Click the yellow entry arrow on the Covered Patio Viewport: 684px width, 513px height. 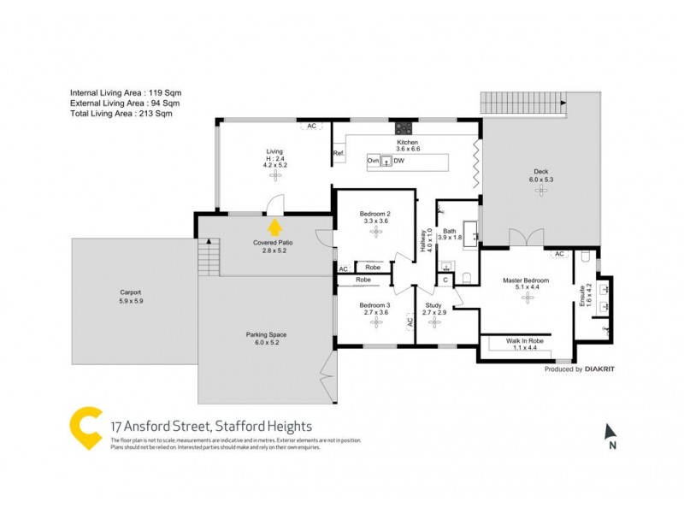274,227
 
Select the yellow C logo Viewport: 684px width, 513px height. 87,429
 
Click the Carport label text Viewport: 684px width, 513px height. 131,292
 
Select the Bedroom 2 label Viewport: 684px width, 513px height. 374,214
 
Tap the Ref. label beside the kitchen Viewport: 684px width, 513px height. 339,154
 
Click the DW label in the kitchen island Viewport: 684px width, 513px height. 398,161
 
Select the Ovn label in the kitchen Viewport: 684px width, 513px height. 373,161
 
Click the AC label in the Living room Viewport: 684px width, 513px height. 312,126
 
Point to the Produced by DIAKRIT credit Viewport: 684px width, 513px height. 581,369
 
